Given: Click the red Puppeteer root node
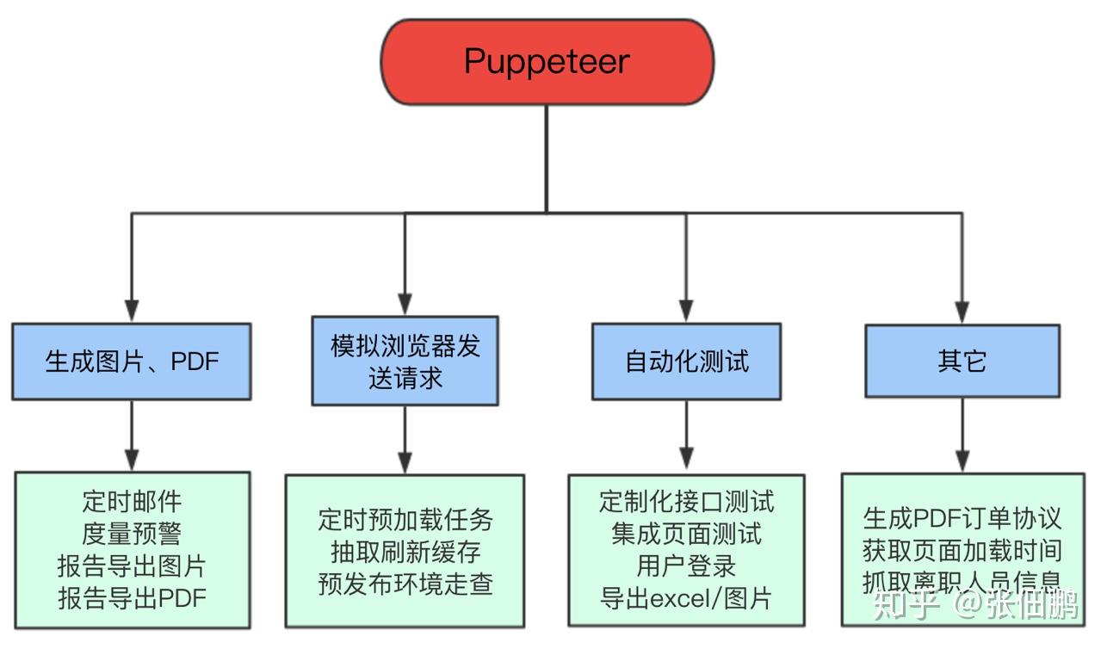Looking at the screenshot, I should point(547,62).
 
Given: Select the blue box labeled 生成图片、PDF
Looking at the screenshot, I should point(132,362).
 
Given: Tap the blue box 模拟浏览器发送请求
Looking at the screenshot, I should point(405,362).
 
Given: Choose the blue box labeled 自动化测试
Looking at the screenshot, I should point(686,362).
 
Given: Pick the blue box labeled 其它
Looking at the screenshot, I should point(962,362).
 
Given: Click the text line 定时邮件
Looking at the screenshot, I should point(132,502).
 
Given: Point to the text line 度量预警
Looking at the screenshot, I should point(132,534).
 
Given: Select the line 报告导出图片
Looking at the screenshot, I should point(132,566).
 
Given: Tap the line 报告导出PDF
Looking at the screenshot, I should point(132,597).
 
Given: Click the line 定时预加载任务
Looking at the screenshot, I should point(405,520).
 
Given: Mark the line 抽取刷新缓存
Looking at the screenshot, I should point(405,552).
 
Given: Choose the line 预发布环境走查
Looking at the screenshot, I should point(405,584).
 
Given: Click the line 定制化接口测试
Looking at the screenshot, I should point(686,501).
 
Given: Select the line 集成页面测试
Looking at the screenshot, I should point(686,534).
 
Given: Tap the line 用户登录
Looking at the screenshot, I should point(686,566).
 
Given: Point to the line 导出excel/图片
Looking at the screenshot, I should point(686,598).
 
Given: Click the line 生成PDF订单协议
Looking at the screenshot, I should point(962,518).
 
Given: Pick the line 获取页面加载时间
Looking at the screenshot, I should point(962,551).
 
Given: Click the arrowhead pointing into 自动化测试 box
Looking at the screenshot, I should point(686,312).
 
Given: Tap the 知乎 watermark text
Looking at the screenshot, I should point(905,606).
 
